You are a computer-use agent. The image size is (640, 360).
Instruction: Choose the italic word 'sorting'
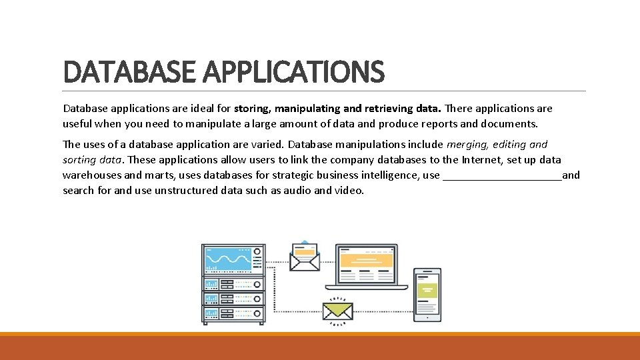click(79, 159)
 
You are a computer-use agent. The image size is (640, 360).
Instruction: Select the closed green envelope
click(337, 311)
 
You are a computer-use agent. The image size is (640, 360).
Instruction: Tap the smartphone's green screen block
click(427, 290)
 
